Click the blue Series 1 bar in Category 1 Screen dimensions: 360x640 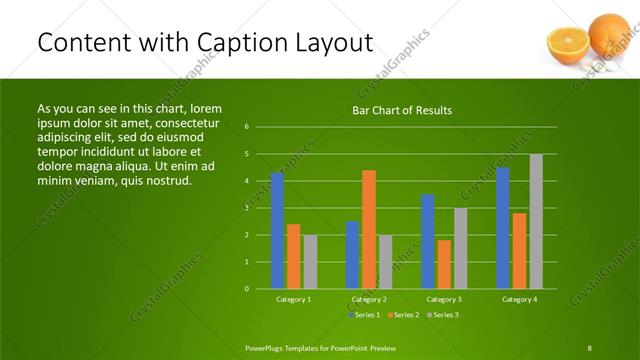277,231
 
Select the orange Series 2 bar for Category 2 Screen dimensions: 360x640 369,229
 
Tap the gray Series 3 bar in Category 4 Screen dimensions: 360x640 536,221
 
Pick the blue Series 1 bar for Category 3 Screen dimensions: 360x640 428,241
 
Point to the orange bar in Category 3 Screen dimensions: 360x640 444,264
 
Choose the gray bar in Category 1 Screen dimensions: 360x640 310,262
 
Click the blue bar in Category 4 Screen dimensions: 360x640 503,228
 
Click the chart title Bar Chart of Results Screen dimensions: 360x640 402,110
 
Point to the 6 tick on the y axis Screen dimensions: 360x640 247,127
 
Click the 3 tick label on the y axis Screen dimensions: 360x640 247,208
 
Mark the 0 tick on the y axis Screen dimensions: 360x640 247,289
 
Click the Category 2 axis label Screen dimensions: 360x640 369,299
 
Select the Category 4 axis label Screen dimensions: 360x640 519,299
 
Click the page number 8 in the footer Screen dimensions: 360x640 589,347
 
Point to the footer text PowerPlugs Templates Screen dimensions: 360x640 289,347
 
